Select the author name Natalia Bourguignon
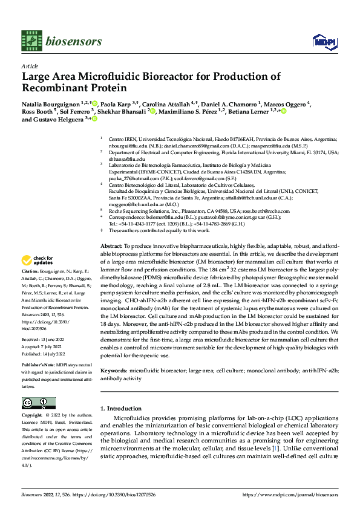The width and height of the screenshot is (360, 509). click(51, 104)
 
